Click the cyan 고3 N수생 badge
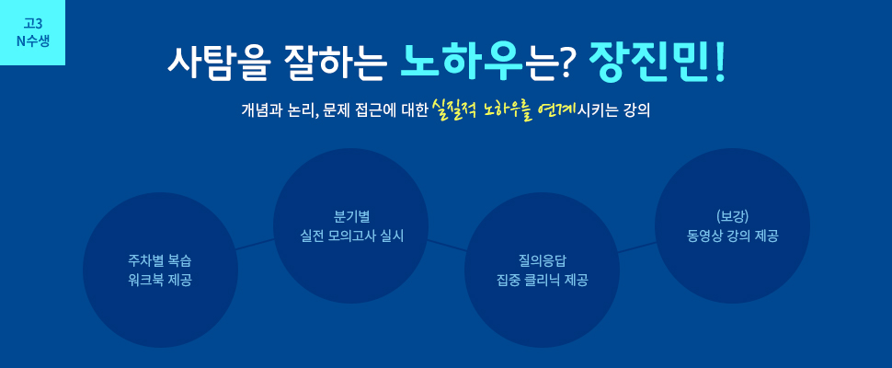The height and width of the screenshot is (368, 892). coord(32,32)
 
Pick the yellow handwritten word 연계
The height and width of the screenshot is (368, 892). coord(557,108)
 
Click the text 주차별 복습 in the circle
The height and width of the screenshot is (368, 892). coord(160,262)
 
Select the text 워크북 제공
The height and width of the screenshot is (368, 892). coord(160,281)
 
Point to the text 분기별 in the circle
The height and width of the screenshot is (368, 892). coord(351,217)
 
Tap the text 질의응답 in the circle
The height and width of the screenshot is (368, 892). coord(543,261)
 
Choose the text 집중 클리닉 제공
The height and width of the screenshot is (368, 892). coord(543,281)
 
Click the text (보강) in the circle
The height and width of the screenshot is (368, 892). coord(732,217)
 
